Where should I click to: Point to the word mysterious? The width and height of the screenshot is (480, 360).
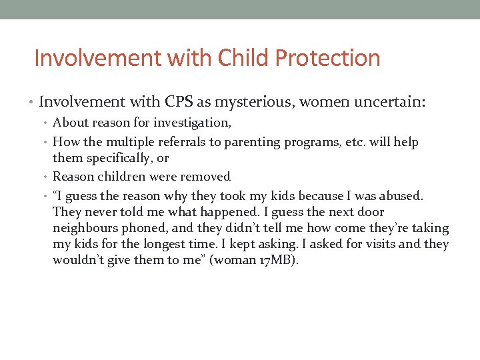click(x=254, y=102)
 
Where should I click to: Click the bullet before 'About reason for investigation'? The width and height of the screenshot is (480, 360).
click(x=47, y=123)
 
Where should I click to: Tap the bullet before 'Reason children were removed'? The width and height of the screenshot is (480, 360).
click(x=47, y=177)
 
